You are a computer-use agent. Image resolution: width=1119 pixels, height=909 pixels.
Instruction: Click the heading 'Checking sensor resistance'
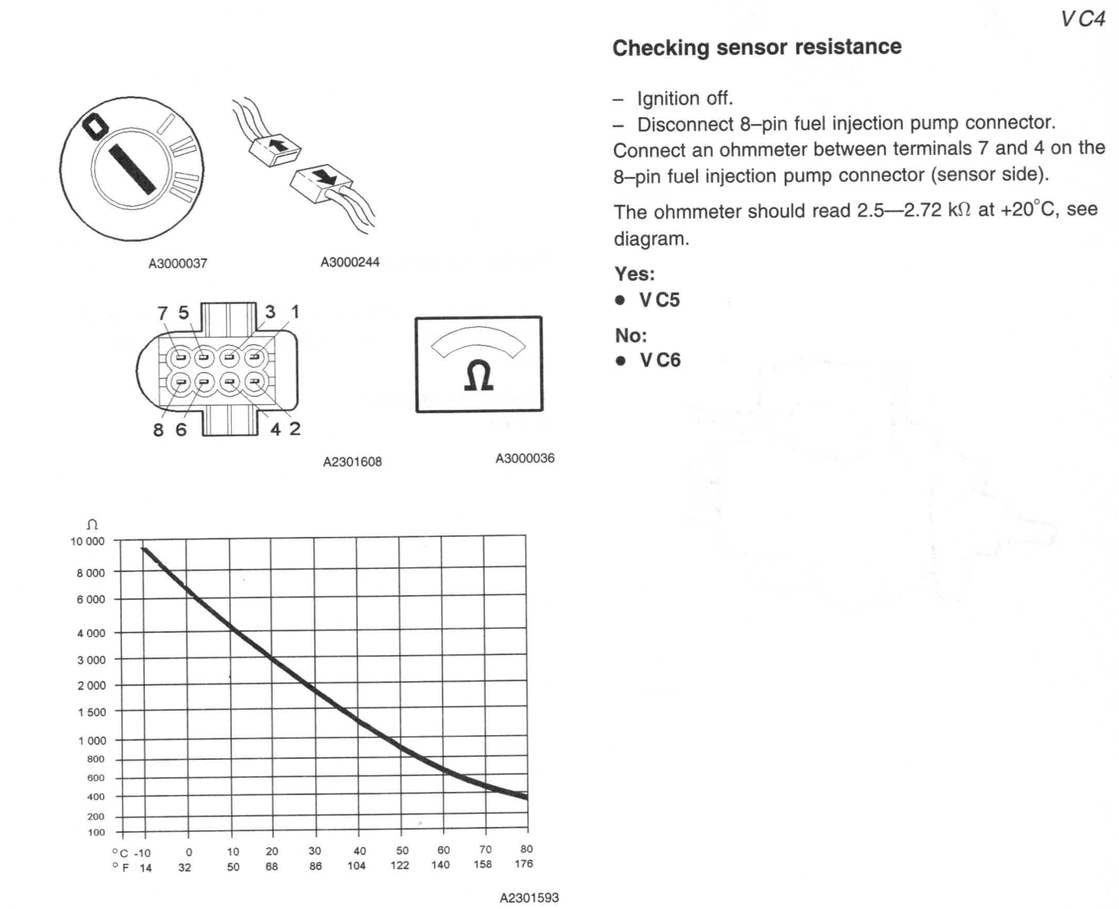coord(756,48)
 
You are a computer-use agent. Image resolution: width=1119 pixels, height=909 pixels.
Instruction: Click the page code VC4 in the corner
coord(1082,20)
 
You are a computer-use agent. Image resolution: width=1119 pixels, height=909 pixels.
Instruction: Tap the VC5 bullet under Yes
coord(659,300)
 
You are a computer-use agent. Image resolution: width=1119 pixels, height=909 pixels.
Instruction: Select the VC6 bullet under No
coord(659,361)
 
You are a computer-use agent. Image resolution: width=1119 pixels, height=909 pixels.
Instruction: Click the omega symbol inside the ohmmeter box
coord(478,376)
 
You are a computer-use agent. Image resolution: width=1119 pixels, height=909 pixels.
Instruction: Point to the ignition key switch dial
coord(131,170)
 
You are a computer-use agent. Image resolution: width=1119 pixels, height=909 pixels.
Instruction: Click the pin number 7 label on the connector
coord(162,313)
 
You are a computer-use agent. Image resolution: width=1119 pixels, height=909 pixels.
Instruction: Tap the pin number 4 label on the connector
coord(275,429)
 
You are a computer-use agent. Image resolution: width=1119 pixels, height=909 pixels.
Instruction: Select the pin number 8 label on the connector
coord(159,430)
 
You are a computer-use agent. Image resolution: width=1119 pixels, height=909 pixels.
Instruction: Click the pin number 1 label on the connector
coord(295,312)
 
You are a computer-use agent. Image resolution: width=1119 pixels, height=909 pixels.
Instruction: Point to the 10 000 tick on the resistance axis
coord(88,542)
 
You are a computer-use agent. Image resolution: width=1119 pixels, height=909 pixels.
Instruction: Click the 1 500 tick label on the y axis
coord(92,712)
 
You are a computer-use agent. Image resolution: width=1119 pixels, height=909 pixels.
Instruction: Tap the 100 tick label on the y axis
coord(97,833)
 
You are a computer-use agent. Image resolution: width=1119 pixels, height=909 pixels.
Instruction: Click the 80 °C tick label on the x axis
coord(526,849)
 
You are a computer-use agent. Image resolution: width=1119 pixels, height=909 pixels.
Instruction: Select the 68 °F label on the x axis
coord(272,866)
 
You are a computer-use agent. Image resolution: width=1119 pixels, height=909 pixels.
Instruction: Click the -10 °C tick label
coord(142,852)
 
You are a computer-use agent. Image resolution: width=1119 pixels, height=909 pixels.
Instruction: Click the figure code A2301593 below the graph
coord(529,898)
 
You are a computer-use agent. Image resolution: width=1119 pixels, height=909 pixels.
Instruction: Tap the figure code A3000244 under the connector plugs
coord(350,262)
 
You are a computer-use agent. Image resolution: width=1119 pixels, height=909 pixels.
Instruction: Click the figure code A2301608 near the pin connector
coord(352,461)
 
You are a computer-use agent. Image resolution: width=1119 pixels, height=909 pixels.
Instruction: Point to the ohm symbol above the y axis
coord(93,525)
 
